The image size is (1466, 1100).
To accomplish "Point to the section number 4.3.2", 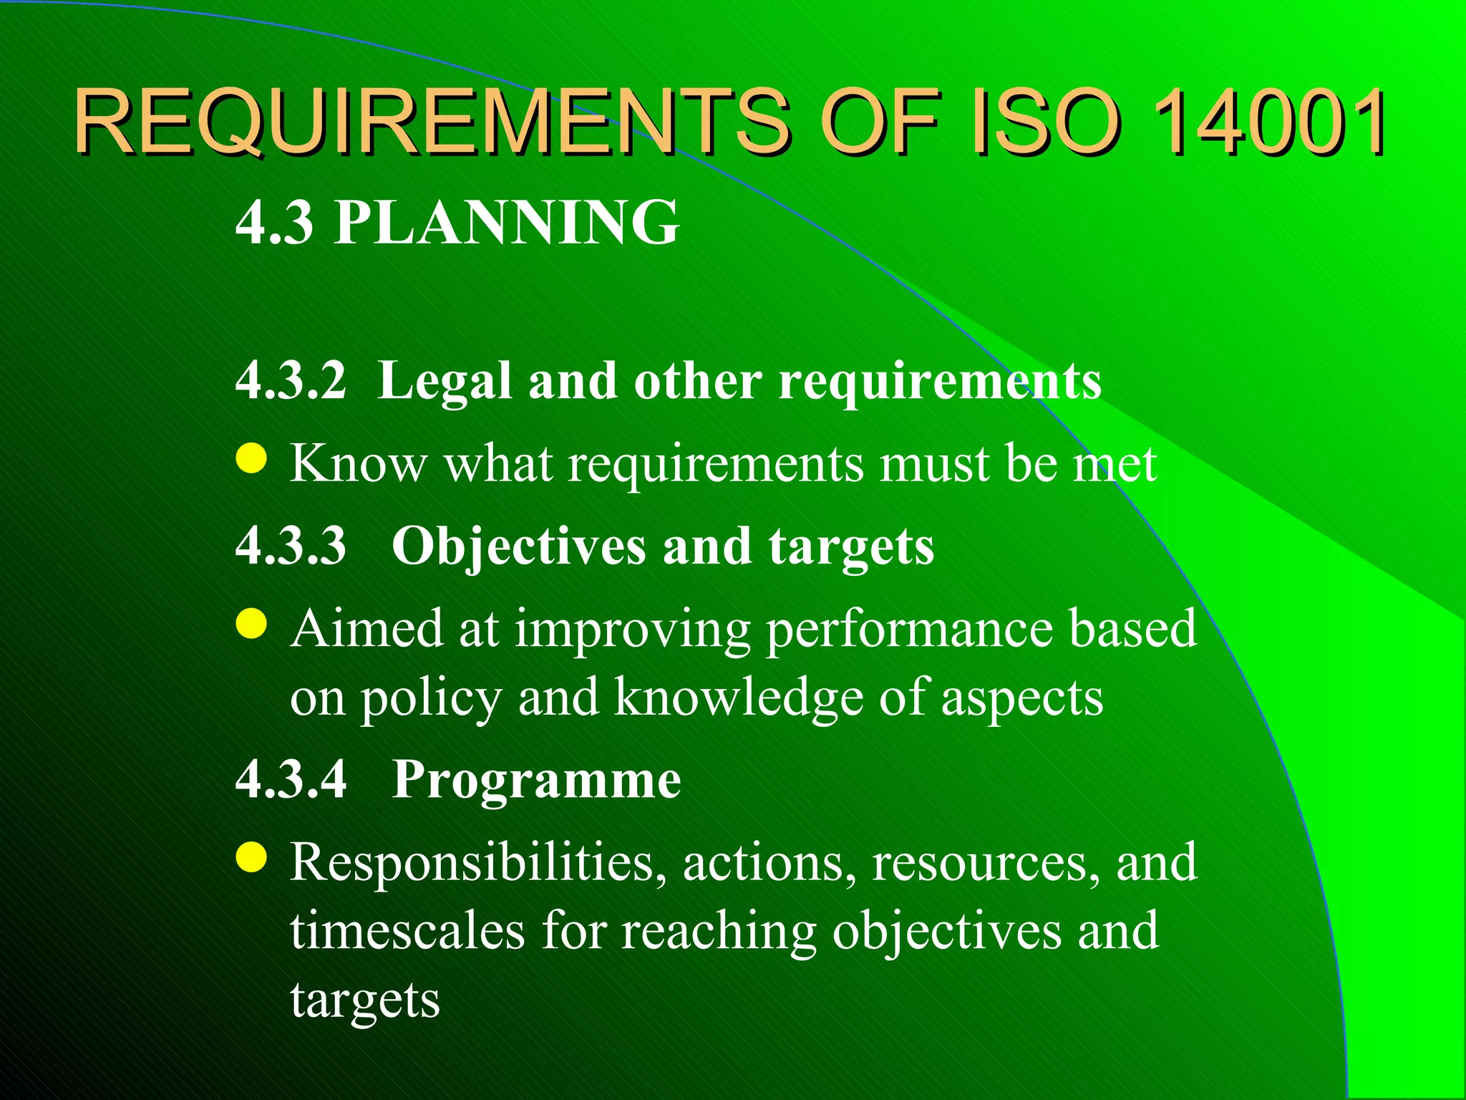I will [x=291, y=380].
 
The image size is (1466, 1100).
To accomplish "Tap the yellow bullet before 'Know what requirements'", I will [x=251, y=459].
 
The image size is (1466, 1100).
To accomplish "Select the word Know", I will [x=358, y=463].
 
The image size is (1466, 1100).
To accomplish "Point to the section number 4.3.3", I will [x=291, y=546].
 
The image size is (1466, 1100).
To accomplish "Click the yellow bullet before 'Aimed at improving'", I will [x=251, y=623].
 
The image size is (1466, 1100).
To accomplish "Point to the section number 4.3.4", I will [x=291, y=778].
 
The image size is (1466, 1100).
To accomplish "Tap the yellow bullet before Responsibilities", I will [x=251, y=857].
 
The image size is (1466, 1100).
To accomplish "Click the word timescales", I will [x=408, y=931].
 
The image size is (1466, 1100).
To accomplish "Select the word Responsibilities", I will [x=472, y=862].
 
